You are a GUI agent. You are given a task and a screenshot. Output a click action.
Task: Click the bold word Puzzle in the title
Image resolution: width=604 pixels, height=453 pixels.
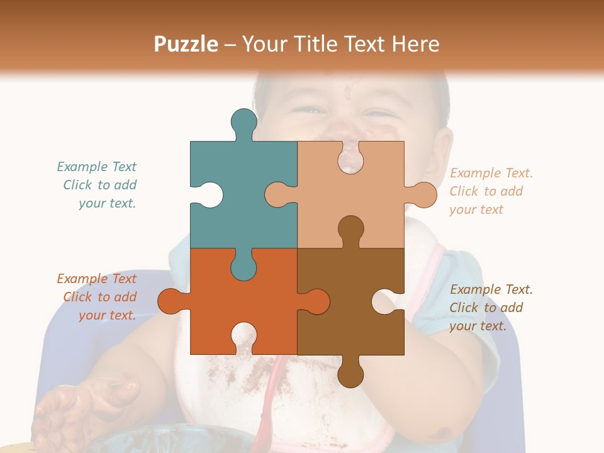[186, 44]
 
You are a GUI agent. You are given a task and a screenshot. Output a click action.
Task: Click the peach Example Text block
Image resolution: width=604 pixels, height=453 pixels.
[490, 191]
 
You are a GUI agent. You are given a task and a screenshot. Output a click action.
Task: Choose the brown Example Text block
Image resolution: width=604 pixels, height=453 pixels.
[490, 308]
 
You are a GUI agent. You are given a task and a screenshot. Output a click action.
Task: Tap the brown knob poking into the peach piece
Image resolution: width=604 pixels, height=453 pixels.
[350, 229]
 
